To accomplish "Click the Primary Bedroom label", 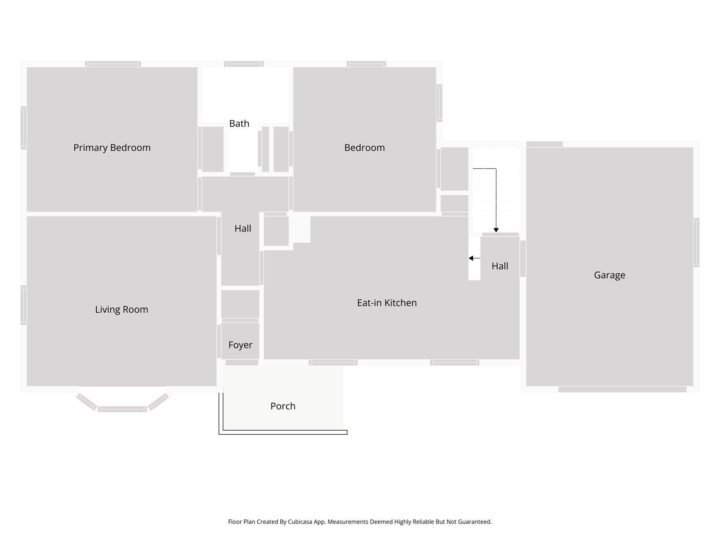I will (x=112, y=148).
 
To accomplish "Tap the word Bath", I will (x=239, y=123).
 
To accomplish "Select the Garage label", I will (x=609, y=275).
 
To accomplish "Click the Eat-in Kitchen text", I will (x=387, y=303).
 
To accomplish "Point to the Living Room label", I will (x=121, y=310).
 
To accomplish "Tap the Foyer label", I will (x=240, y=345).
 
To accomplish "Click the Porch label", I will (x=283, y=406).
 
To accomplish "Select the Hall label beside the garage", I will (x=499, y=266).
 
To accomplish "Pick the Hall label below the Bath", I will (x=243, y=229).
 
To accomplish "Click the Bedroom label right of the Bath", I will (x=364, y=148).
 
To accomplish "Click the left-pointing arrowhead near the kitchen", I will (x=471, y=258).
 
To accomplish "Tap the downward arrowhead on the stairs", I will (x=496, y=230).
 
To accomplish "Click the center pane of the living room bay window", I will (x=122, y=409).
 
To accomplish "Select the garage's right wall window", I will (x=696, y=243).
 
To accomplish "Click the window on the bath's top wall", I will (x=244, y=64).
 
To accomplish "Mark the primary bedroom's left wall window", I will (x=23, y=127).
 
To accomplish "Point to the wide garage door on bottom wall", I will (x=622, y=389).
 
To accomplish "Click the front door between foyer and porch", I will (x=242, y=362).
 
